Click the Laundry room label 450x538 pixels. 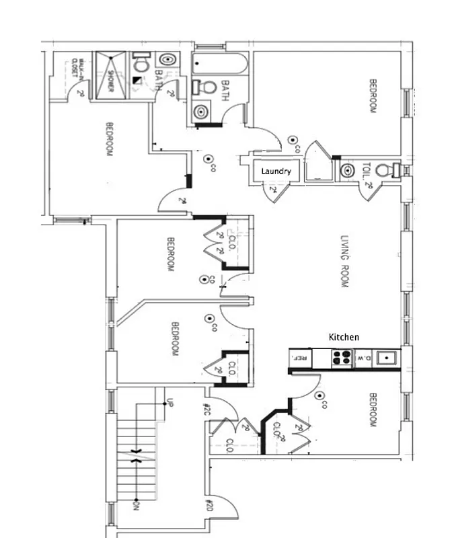tap(276, 171)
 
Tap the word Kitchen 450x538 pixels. tap(343, 337)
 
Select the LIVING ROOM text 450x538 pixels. tap(344, 262)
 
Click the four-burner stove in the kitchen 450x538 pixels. tap(342, 358)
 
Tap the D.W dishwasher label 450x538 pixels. tap(363, 358)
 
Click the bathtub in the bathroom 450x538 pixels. tap(220, 65)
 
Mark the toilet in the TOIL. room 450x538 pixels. tap(384, 170)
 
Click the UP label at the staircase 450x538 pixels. tap(170, 404)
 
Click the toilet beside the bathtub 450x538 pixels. tap(204, 87)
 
